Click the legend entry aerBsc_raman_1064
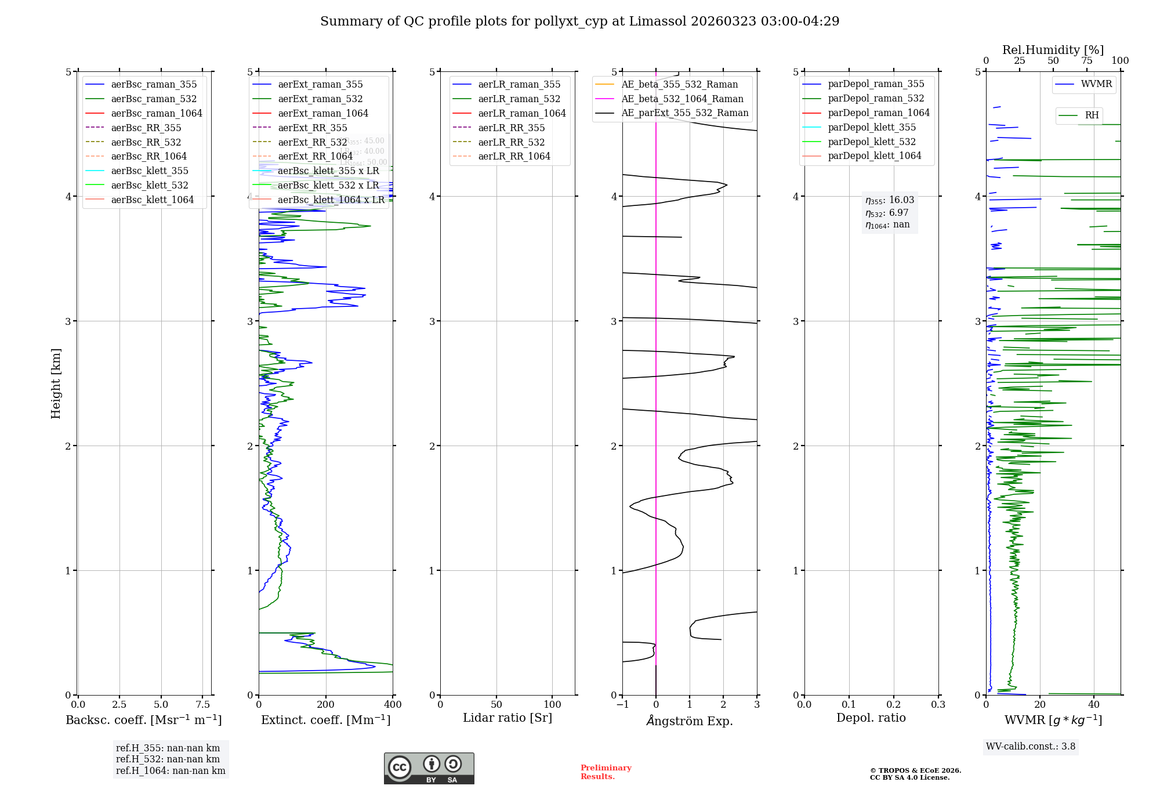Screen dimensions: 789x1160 (157, 113)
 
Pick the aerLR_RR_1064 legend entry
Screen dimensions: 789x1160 (514, 156)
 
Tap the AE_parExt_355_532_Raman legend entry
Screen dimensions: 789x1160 (684, 113)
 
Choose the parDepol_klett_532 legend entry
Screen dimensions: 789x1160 (871, 142)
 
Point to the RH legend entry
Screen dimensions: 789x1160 (1092, 115)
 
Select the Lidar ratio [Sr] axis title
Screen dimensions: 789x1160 (507, 718)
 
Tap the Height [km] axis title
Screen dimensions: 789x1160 (56, 383)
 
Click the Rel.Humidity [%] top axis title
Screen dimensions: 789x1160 (1053, 50)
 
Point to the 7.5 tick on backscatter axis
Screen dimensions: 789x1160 (202, 704)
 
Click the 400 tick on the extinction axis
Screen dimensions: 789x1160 (393, 704)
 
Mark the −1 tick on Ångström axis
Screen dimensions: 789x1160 (622, 704)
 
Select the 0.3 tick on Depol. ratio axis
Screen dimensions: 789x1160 (938, 704)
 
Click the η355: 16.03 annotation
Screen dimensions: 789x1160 (890, 200)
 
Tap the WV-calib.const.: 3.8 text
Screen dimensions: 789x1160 (1031, 747)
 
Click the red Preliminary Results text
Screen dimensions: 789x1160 (606, 772)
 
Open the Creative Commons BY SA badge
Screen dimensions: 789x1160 (429, 768)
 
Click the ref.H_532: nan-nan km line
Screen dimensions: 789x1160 (168, 759)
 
